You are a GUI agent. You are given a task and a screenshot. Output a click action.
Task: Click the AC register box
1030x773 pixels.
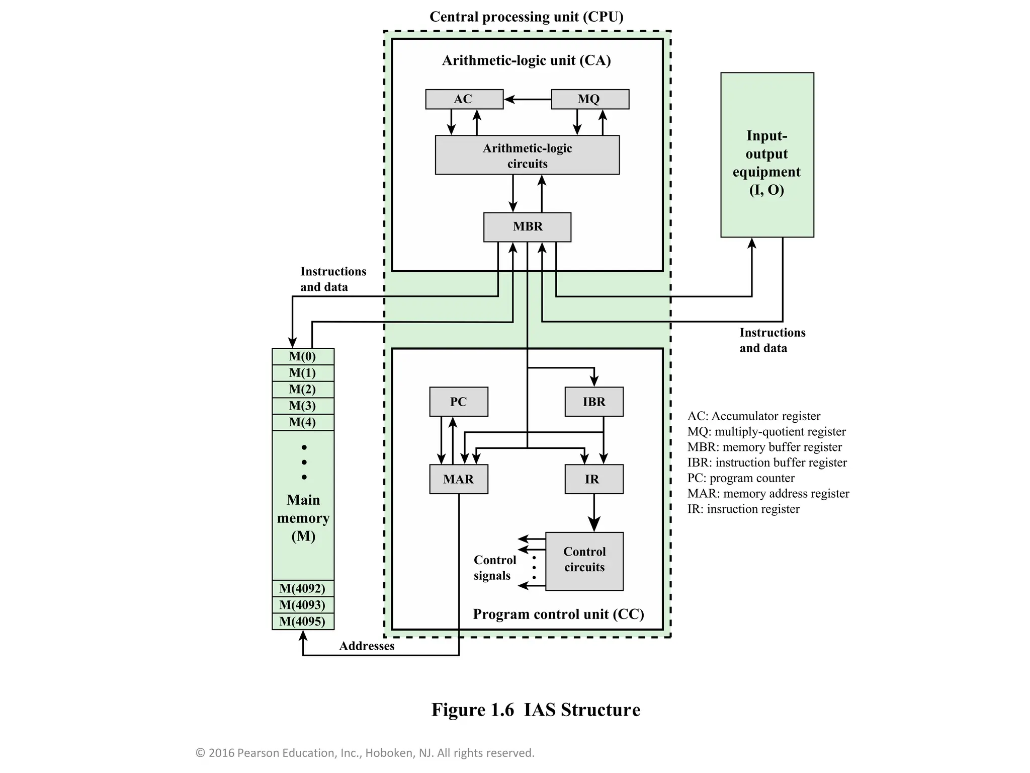(464, 99)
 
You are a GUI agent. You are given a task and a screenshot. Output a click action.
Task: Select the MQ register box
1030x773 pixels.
(589, 99)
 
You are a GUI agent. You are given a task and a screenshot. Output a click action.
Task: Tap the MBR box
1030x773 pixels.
(527, 227)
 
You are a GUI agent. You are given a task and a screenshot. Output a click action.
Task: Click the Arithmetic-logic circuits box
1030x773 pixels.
(527, 156)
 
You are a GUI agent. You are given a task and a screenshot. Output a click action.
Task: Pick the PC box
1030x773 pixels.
(458, 402)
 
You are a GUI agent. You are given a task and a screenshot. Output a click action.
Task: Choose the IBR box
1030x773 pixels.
(593, 402)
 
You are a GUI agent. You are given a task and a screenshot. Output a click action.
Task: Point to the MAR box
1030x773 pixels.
(458, 479)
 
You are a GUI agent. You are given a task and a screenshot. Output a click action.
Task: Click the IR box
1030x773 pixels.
(593, 479)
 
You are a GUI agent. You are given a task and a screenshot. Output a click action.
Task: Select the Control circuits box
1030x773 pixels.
(584, 561)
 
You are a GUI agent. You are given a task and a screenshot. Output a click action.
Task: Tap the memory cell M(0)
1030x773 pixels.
(303, 357)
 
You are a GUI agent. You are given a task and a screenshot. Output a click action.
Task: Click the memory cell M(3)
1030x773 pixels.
(303, 406)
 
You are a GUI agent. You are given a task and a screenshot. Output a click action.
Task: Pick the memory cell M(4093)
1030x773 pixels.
(303, 604)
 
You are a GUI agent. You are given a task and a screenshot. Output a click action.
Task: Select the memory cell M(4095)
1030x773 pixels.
(303, 621)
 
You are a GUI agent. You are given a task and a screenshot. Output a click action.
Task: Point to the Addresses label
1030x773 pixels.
(367, 646)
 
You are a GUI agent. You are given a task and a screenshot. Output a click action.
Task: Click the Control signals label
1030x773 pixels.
(494, 568)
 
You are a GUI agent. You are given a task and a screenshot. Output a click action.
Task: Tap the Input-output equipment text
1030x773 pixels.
(766, 163)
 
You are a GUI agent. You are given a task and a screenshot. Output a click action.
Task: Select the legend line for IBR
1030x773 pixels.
(766, 462)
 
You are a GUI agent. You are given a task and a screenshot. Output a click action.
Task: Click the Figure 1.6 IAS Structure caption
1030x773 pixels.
(536, 710)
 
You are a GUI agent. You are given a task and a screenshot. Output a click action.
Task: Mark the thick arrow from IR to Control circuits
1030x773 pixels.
(594, 513)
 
